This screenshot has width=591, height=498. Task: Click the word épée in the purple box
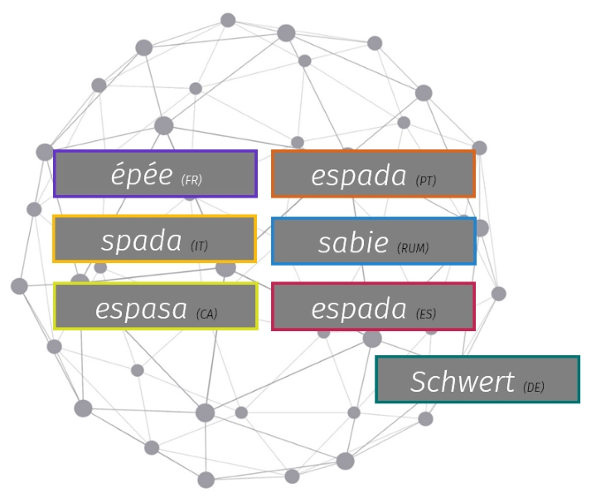coord(142,174)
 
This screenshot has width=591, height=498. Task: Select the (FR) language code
coord(191,180)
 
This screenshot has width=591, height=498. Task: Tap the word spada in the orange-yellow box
coord(142,241)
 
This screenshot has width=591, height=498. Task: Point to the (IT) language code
coord(200,247)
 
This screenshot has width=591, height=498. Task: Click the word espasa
coord(141,309)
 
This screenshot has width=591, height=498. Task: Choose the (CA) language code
coord(207,314)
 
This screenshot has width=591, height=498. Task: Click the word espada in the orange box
coord(359,175)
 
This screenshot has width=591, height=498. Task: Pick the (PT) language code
coord(426,180)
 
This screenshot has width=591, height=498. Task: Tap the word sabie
coord(353,242)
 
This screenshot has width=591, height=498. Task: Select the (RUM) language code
coord(413,247)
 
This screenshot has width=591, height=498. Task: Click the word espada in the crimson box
coord(359,309)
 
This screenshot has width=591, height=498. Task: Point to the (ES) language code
coord(426,314)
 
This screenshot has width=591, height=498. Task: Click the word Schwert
coord(462,381)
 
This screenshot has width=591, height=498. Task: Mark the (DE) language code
coord(534,387)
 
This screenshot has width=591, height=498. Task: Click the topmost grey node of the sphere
coord(228,20)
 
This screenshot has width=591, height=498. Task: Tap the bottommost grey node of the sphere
coord(206,480)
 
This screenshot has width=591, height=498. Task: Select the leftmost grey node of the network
coord(19,286)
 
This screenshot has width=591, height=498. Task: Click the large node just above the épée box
coord(164,125)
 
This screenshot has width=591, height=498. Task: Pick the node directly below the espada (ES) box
coord(372,339)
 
